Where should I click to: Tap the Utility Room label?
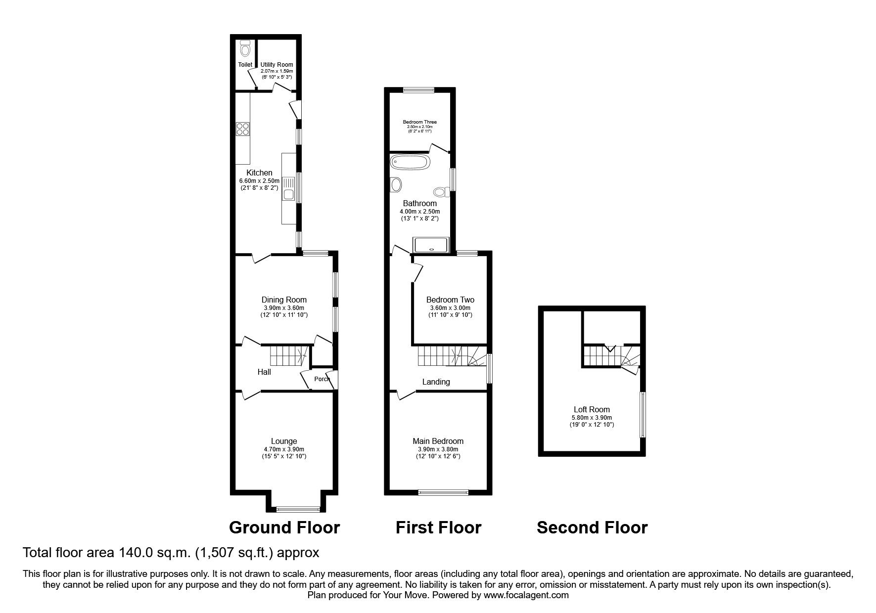tap(277, 65)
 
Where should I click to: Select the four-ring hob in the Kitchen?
tap(243, 129)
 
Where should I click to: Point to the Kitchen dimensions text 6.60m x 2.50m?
tap(259, 181)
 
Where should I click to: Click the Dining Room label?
tap(284, 300)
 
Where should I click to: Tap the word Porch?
tap(322, 379)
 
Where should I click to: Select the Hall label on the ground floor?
tap(264, 372)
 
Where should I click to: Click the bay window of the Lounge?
tap(298, 508)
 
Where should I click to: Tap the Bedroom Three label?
tap(419, 122)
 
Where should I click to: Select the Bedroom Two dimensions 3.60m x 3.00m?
tap(450, 308)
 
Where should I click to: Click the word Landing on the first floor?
tap(436, 382)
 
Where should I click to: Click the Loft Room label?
tap(592, 409)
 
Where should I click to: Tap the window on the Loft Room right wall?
tap(642, 414)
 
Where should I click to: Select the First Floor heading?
tap(438, 528)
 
